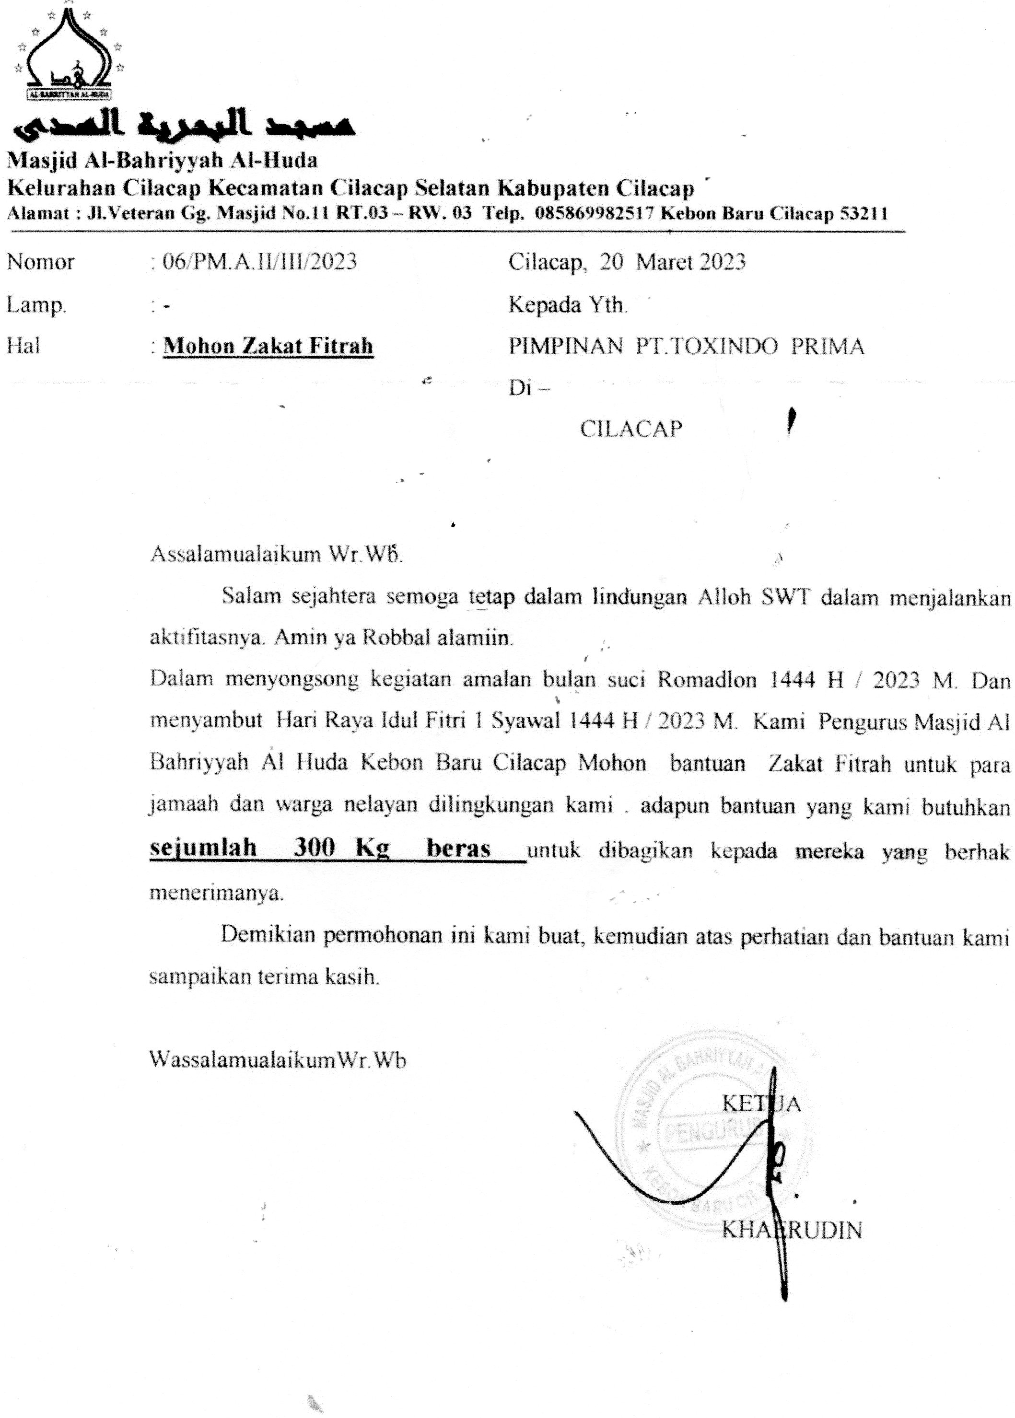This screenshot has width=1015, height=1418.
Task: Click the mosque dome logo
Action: tap(69, 54)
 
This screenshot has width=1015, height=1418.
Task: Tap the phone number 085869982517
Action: tap(595, 214)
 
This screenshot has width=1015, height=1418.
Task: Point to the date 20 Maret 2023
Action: tap(673, 261)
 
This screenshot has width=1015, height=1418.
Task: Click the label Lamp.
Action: tap(36, 305)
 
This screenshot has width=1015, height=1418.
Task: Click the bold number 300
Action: tap(315, 848)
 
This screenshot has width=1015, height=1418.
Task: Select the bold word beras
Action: tap(458, 848)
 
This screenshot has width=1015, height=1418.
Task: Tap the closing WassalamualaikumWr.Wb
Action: tap(278, 1060)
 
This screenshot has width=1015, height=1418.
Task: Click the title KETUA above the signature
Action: tap(760, 1103)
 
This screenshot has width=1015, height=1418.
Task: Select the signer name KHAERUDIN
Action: tap(791, 1230)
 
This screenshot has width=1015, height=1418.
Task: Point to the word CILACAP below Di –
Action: tap(630, 429)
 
